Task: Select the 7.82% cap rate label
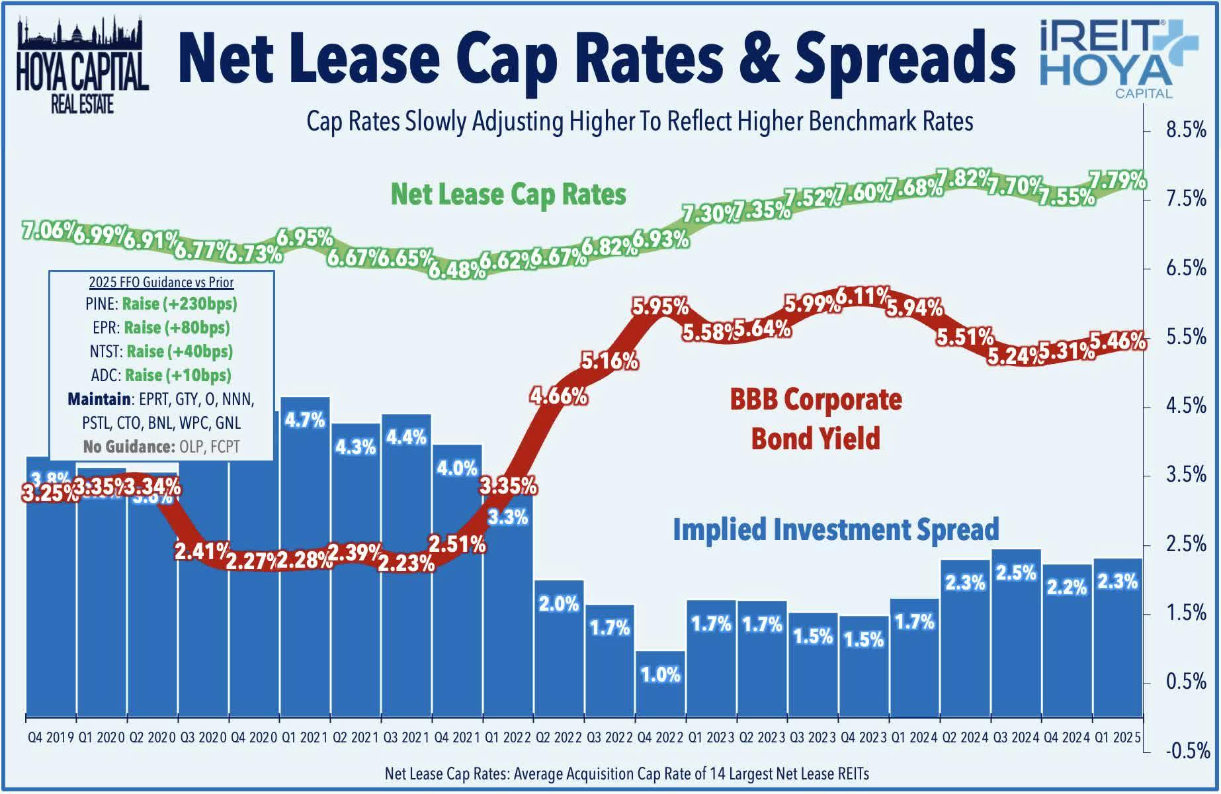964,178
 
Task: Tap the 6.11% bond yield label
863,296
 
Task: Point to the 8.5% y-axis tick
1186,130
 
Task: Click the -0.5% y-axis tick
1187,751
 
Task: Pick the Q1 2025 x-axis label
1117,737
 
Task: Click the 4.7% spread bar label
305,419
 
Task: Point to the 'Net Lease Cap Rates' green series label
508,195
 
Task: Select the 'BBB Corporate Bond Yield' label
816,418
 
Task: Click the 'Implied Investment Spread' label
835,529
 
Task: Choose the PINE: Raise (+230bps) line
161,304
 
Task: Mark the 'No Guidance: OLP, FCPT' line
161,447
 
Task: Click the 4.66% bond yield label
558,396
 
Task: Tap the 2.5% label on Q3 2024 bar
1016,573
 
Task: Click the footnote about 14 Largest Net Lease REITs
626,773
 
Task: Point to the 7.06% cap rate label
48,230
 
